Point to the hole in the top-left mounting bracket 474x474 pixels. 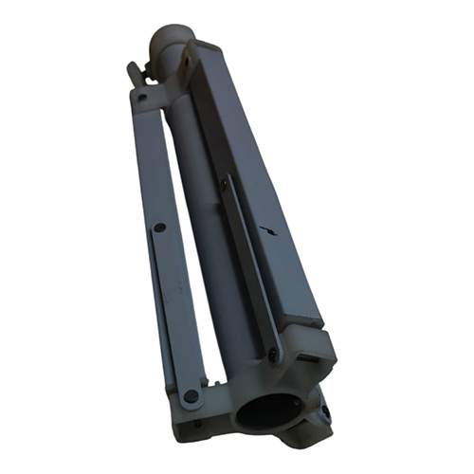coord(141,96)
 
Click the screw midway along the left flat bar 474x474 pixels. coord(159,228)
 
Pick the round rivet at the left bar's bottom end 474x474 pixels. coord(191,395)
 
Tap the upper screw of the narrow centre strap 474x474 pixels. coord(224,186)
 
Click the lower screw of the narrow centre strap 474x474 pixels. coord(273,355)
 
